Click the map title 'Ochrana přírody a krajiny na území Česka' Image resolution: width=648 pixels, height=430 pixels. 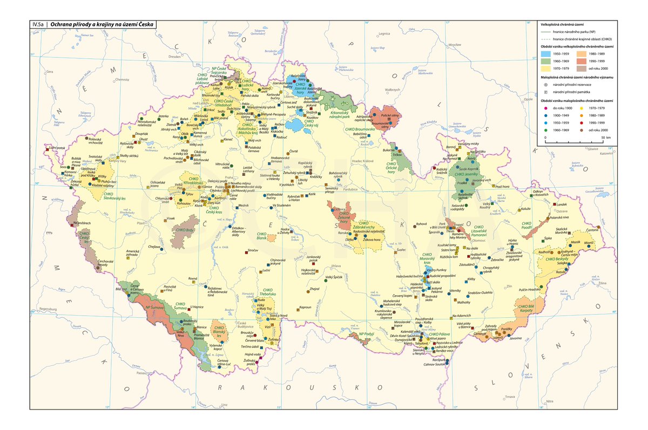102,24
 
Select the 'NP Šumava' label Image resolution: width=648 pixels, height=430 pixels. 154,307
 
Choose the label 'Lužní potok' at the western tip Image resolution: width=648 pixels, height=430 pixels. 56,147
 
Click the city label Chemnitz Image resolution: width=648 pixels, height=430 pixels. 121,79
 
